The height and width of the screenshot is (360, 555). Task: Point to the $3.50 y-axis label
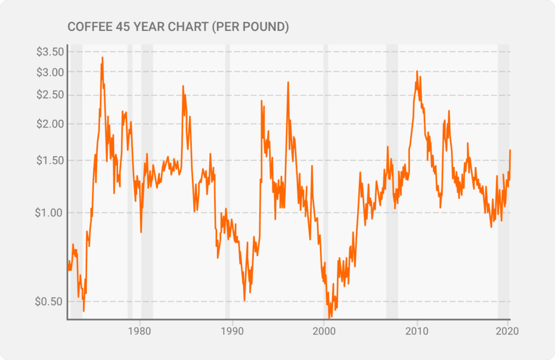tap(50, 52)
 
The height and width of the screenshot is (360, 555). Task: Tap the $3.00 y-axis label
tap(50, 72)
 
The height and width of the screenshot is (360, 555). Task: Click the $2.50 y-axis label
tap(50, 95)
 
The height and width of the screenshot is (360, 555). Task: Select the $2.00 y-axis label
tap(50, 124)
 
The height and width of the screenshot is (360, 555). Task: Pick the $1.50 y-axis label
tap(50, 160)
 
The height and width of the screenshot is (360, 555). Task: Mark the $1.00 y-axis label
tap(50, 213)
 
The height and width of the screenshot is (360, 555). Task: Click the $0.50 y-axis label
tap(50, 301)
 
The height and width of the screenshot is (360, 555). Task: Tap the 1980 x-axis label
tap(140, 330)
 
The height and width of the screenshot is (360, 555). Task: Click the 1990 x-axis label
tap(233, 330)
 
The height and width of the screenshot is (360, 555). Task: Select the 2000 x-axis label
tap(324, 330)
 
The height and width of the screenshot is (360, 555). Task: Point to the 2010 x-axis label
tap(417, 330)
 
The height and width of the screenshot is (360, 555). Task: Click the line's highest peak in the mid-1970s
tap(102, 57)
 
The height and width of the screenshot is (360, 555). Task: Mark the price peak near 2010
tap(416, 71)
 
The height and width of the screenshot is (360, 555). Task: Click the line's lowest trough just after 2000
tap(330, 317)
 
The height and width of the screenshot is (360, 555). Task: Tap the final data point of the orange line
tap(510, 150)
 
